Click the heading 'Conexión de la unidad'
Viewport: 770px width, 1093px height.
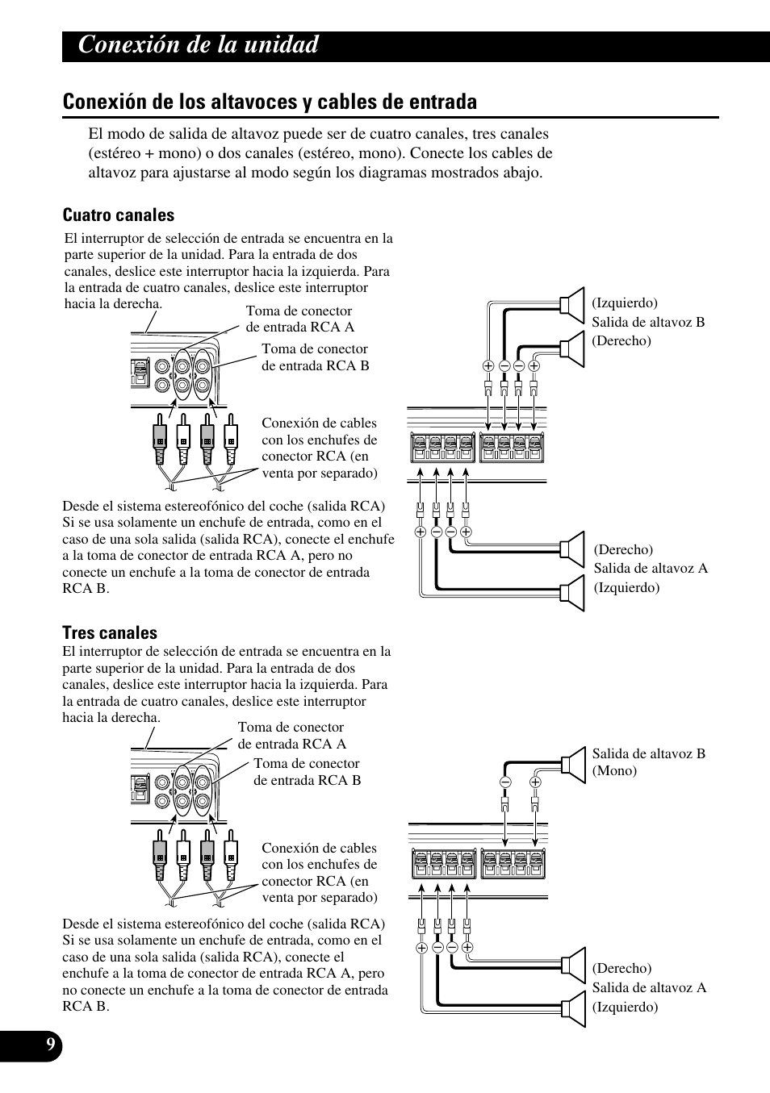pos(199,45)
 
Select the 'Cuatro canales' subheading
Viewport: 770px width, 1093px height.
pos(119,215)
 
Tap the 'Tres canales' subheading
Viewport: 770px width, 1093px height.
pos(110,632)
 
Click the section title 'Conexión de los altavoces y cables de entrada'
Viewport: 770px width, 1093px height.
pos(270,102)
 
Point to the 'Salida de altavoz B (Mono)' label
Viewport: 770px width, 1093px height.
pos(648,761)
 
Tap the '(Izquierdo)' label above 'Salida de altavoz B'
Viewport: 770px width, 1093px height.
pos(624,303)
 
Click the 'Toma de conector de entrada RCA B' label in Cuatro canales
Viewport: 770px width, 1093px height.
pos(315,357)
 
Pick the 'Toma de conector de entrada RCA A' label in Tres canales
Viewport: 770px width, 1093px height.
pos(291,736)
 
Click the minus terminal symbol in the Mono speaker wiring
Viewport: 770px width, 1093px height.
pos(505,782)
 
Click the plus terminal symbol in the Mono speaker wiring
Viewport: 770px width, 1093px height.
pos(535,782)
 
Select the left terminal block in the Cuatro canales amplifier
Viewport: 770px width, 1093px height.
pos(442,448)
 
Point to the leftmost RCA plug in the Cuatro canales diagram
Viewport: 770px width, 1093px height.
pos(159,440)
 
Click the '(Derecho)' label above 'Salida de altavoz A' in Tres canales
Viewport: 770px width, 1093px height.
pos(621,968)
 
